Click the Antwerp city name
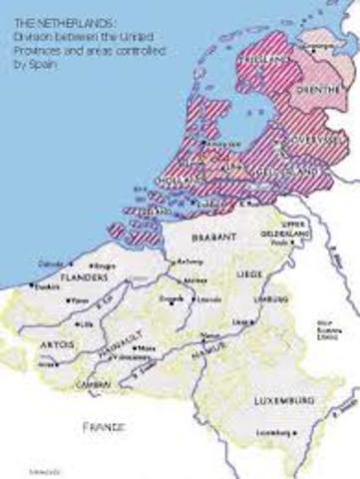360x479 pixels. tap(185, 263)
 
